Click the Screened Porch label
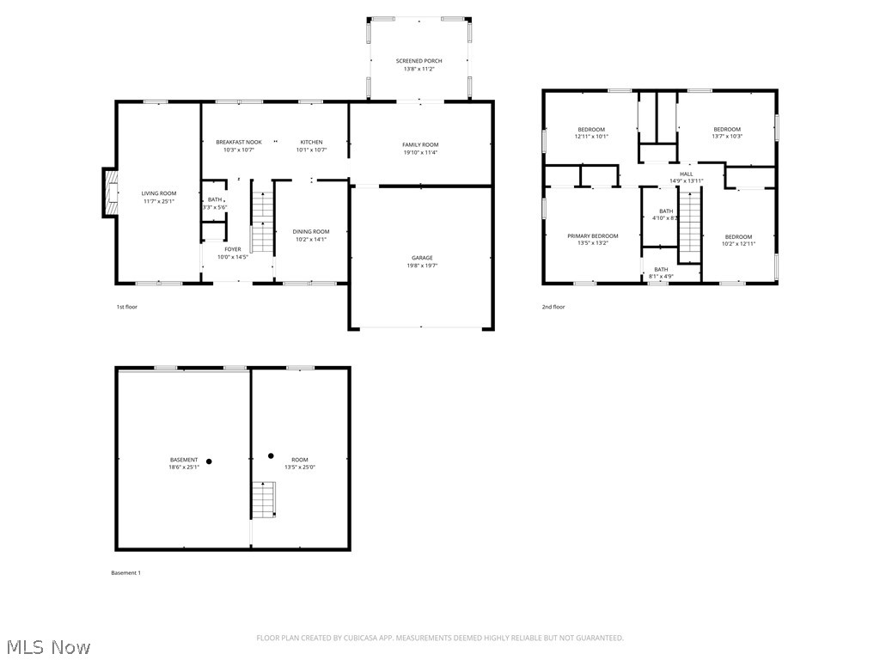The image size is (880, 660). (419, 61)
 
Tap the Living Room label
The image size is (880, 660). (159, 193)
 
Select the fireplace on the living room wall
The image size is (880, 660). (109, 192)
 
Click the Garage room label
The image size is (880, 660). (421, 258)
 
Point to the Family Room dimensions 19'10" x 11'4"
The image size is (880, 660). (420, 153)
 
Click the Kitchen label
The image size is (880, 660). (311, 142)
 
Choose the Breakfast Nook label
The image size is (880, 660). (238, 142)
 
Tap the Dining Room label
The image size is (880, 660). (310, 231)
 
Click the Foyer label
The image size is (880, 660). (233, 249)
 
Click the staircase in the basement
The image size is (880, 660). (264, 499)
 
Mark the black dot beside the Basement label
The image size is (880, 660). (209, 461)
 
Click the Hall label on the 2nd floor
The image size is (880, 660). (686, 174)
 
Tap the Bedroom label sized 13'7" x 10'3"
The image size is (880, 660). (726, 130)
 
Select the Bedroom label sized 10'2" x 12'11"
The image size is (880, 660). (737, 237)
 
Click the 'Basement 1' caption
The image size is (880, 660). (125, 573)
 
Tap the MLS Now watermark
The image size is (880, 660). (47, 646)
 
